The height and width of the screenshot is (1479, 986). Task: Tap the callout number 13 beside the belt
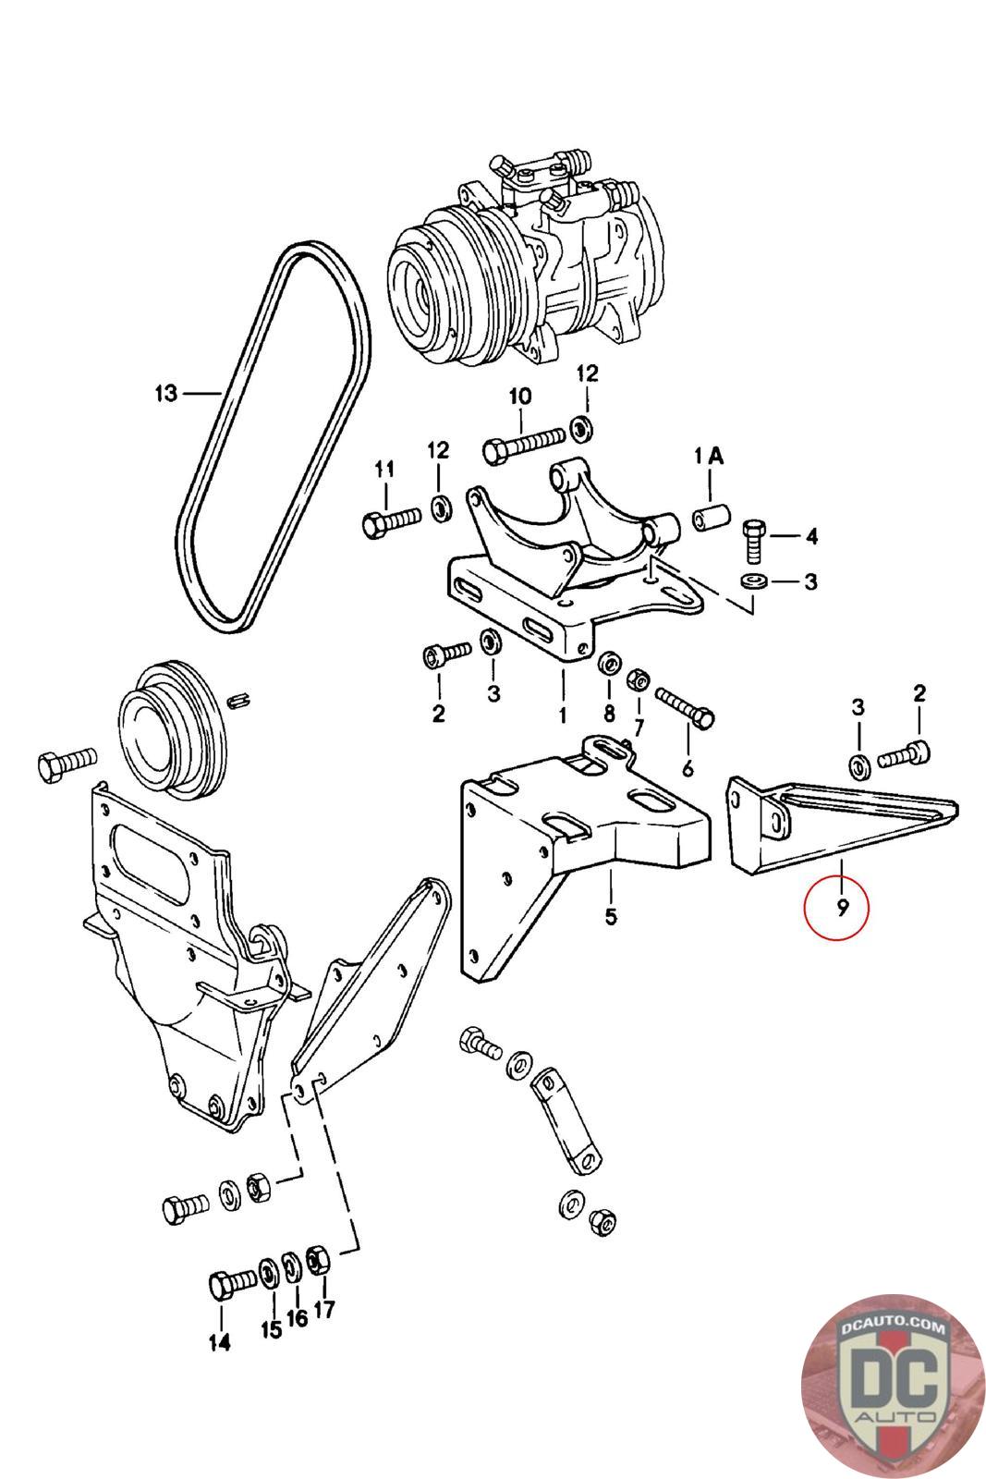click(x=166, y=394)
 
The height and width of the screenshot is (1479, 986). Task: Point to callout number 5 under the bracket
click(x=611, y=916)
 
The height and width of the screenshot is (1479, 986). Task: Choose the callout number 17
click(x=324, y=1309)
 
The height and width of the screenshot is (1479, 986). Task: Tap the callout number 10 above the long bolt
click(x=520, y=397)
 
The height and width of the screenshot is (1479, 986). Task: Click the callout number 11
click(x=384, y=470)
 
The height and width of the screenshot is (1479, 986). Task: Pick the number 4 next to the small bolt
click(x=811, y=535)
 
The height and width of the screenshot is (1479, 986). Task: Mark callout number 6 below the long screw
click(x=687, y=768)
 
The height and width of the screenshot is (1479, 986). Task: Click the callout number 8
click(x=608, y=713)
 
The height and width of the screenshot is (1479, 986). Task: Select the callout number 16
click(x=297, y=1318)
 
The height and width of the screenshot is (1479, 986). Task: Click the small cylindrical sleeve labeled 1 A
click(x=710, y=516)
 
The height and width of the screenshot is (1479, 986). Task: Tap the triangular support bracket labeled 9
click(x=842, y=825)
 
